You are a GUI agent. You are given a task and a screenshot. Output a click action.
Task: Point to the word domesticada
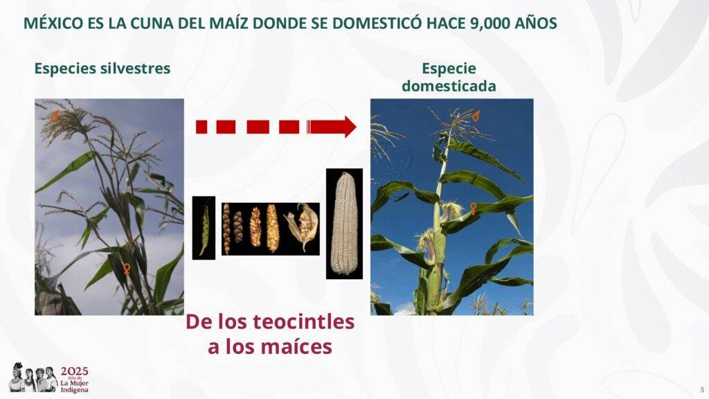click(x=449, y=86)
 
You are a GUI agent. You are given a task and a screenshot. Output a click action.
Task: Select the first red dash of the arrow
click(x=201, y=127)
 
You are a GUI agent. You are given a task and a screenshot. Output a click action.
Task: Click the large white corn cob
click(x=344, y=224)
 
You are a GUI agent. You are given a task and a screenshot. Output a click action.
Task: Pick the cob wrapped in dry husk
click(x=303, y=225)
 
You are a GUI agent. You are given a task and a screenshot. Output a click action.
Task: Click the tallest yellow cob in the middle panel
click(x=272, y=229)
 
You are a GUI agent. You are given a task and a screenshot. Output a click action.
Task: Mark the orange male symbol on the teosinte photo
click(x=55, y=116)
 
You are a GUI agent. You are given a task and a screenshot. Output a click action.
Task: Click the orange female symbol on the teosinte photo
click(x=127, y=269)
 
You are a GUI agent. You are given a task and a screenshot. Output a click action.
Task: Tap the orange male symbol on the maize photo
click(x=476, y=115)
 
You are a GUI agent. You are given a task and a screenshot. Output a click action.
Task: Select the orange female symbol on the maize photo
click(x=473, y=208)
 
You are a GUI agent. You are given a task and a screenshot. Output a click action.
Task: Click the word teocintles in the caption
click(x=303, y=321)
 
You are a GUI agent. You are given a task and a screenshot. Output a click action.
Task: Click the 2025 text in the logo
click(x=75, y=372)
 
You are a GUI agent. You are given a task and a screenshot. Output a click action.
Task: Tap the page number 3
click(x=702, y=389)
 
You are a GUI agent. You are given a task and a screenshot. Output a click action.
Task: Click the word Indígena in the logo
click(x=75, y=390)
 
